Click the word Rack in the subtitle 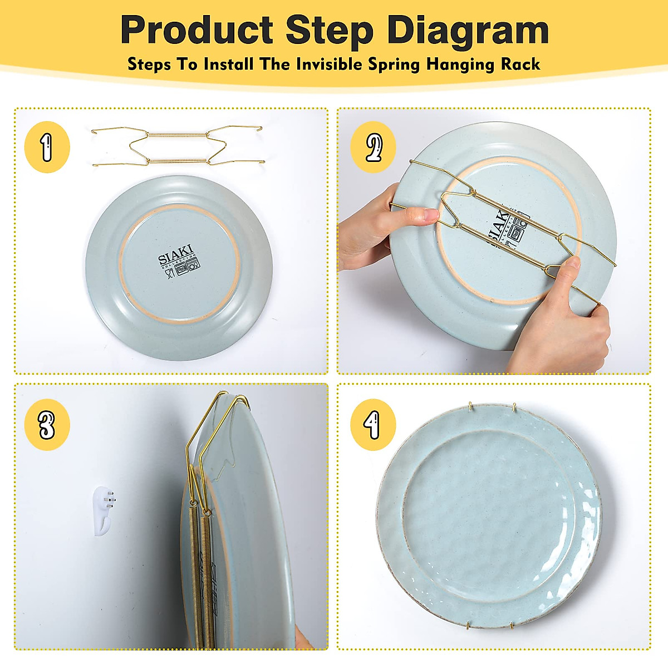coord(520,64)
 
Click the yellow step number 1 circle coord(47,147)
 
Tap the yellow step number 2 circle coord(373,147)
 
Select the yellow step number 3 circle coord(47,424)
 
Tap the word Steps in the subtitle coord(149,64)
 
